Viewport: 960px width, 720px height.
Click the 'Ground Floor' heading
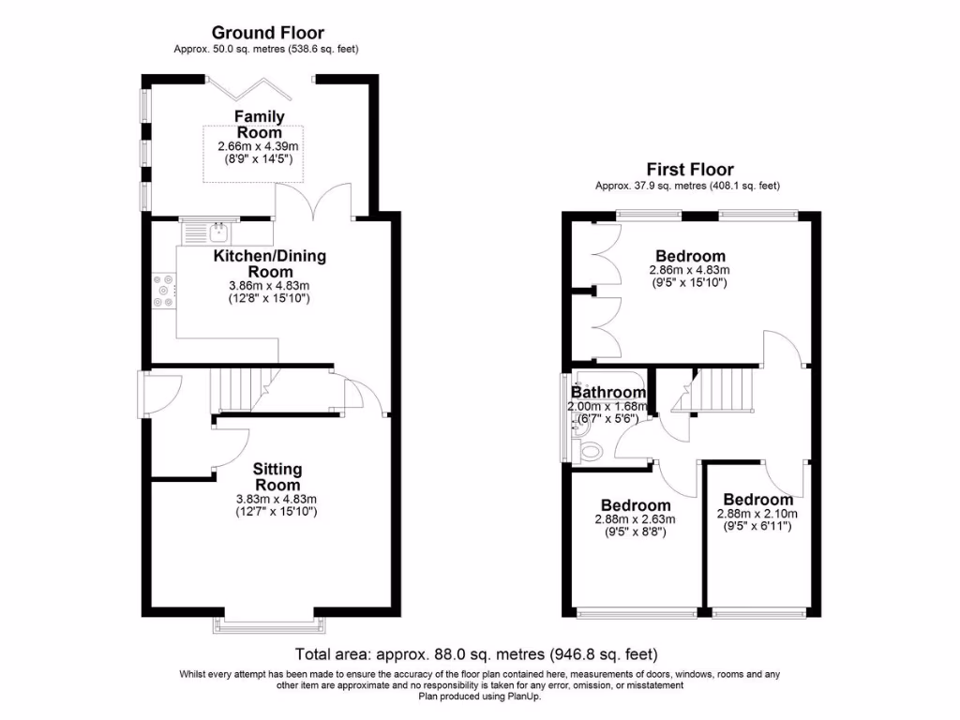click(x=267, y=34)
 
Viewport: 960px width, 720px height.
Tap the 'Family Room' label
click(x=259, y=124)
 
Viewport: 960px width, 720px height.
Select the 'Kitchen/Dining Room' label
click(x=270, y=263)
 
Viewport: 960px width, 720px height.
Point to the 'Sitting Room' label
click(x=277, y=476)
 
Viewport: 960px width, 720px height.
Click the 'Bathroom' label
click(x=609, y=392)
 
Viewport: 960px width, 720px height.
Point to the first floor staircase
click(x=724, y=389)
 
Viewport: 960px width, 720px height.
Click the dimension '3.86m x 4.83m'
click(x=270, y=286)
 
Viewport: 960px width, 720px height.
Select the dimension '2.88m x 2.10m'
click(x=757, y=514)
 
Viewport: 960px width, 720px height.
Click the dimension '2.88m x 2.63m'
click(x=636, y=519)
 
